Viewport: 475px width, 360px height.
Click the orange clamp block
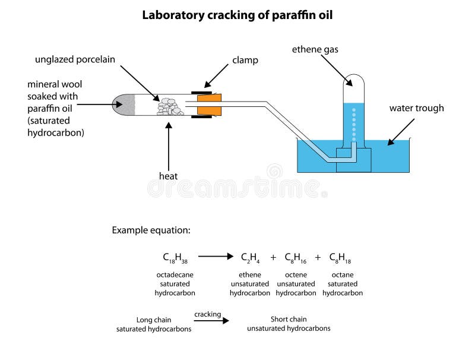[x=209, y=105]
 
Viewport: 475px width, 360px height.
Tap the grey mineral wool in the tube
[x=126, y=105]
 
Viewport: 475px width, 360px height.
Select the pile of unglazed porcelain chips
[x=170, y=106]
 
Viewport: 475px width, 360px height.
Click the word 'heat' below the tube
[x=169, y=176]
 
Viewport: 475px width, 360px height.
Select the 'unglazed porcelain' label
[x=75, y=59]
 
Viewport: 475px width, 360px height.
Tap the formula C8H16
[x=296, y=257]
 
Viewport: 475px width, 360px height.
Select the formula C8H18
[x=340, y=257]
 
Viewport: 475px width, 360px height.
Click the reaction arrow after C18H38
[x=216, y=257]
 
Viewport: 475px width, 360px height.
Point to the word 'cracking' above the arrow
[x=207, y=314]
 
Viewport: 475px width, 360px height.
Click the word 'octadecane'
[x=175, y=275]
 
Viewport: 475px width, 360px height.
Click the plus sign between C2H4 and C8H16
[x=274, y=257]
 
